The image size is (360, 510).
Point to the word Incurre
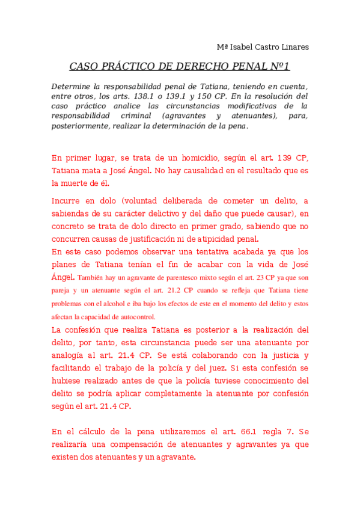point(67,200)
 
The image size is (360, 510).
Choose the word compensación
point(138,444)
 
